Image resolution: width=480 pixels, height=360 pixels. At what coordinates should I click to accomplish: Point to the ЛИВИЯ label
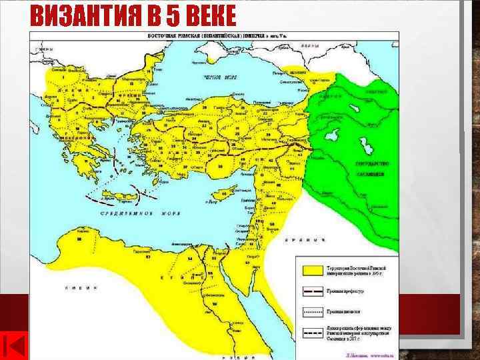[80, 288]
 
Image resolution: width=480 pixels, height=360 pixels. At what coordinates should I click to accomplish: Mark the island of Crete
[121, 195]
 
